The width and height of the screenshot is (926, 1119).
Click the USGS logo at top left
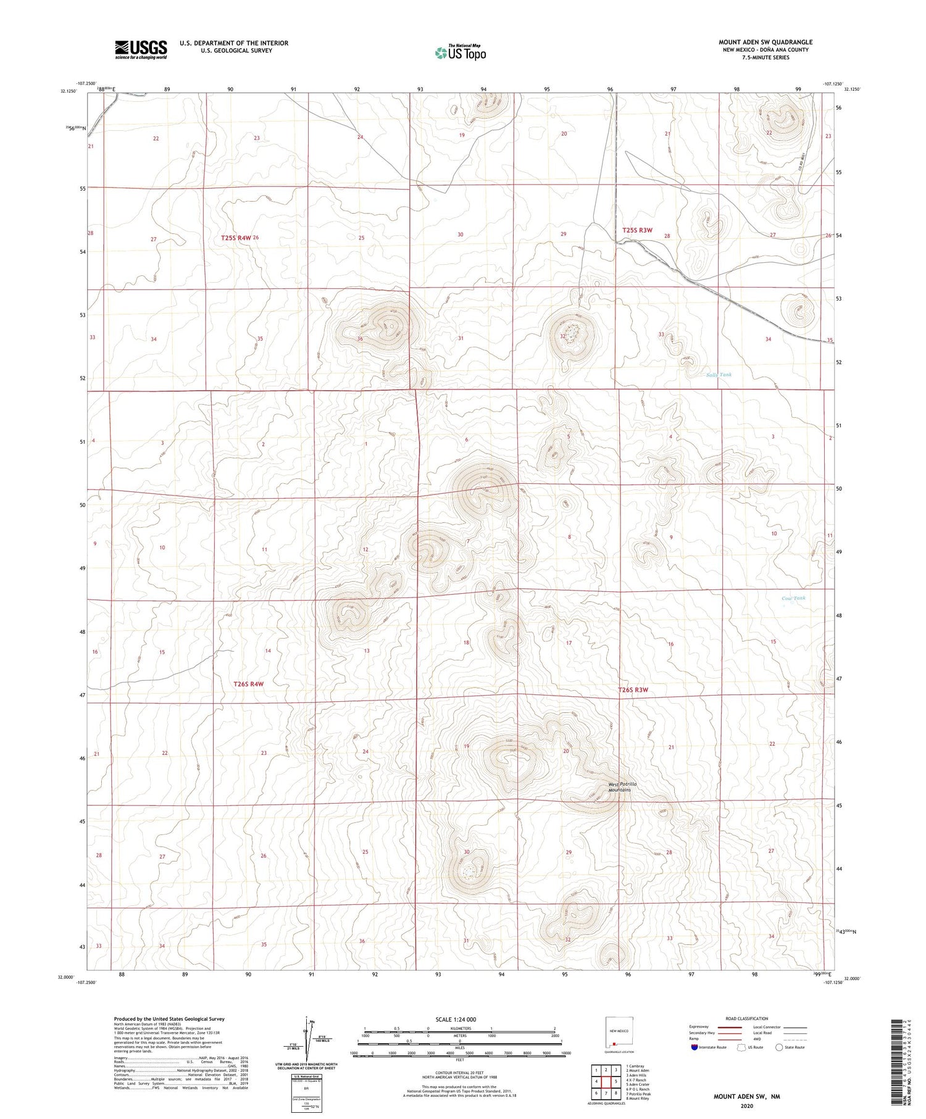coord(141,49)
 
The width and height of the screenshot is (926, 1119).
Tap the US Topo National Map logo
coord(461,53)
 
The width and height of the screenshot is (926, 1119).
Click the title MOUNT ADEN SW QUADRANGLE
coord(765,42)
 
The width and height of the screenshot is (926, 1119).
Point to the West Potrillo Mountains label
coord(622,787)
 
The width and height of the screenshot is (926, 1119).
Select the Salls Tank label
coord(719,375)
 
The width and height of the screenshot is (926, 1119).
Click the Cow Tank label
coord(793,598)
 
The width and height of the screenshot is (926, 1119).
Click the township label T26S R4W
coord(249,684)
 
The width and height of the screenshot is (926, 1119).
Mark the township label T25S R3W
coord(637,230)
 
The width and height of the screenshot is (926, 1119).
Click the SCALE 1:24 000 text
coord(456,1019)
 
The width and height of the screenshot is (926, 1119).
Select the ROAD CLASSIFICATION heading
coord(747,1018)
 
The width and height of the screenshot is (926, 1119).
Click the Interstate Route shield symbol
coord(694,1047)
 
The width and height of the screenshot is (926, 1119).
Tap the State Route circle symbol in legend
coord(779,1047)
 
